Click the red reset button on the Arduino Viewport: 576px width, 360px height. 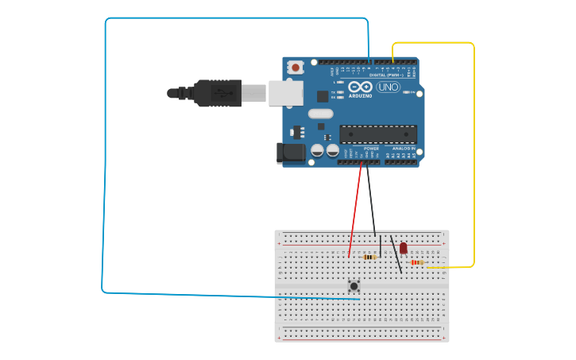tap(296, 68)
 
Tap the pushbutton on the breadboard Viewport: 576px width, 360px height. tap(354, 285)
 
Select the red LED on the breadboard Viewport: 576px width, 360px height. tap(403, 248)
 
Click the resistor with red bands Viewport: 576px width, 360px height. tap(416, 262)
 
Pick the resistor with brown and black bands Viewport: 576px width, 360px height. tap(369, 257)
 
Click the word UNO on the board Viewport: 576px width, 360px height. tap(389, 87)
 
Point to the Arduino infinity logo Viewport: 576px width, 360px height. tap(360, 87)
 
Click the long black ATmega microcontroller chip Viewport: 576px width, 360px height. tap(377, 134)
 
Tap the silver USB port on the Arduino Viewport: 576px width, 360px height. tap(285, 92)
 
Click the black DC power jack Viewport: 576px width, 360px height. tap(290, 153)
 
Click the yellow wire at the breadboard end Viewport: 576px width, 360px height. tap(433, 267)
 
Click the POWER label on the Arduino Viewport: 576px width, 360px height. tap(371, 149)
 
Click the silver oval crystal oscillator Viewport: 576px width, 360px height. tap(320, 114)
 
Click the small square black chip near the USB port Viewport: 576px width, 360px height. tap(323, 96)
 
